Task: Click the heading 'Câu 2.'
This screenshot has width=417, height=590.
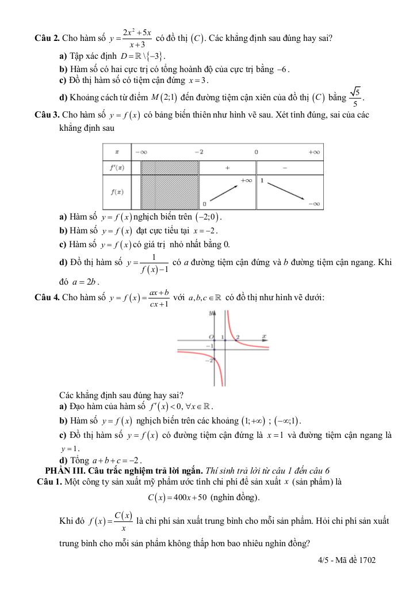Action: pos(48,39)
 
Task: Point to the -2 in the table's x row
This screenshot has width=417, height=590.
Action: pos(198,152)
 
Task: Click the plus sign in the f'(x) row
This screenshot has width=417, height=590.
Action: pos(227,168)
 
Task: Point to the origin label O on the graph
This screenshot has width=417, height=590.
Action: pos(211,336)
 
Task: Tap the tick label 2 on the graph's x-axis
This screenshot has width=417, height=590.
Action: pos(238,336)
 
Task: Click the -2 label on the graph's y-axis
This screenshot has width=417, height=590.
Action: pos(209,361)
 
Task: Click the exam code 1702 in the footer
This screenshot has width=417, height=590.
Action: pos(367,560)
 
